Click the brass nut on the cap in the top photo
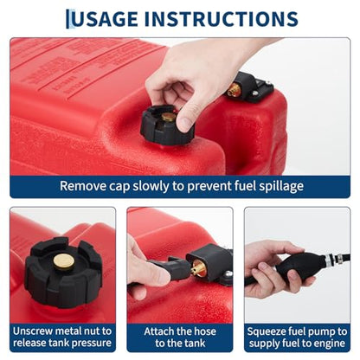(169, 117)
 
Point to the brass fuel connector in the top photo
(233, 90)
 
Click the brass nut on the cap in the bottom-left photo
(64, 261)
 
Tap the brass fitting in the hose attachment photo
(198, 268)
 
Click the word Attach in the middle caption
(159, 331)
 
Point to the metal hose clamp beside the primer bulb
(329, 259)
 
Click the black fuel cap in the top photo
(167, 125)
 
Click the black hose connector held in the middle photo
(169, 267)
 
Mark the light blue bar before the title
(67, 19)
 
